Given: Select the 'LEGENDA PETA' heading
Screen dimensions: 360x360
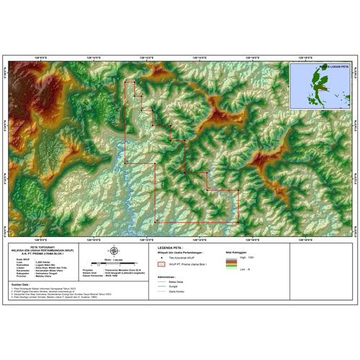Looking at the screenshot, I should point(171,246).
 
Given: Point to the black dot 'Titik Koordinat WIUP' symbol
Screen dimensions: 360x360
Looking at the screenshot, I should point(162,258).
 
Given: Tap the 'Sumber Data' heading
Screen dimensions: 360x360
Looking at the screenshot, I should point(19,284).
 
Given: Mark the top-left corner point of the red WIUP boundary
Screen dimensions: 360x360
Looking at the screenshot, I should point(125,81).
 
